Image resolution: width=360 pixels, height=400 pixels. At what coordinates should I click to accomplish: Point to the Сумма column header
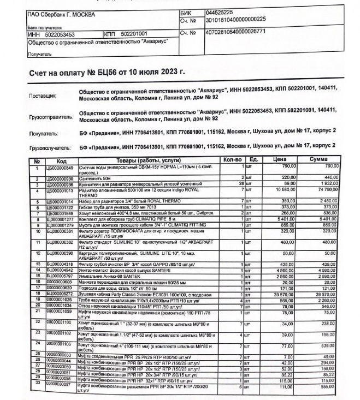[x=318, y=160]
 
